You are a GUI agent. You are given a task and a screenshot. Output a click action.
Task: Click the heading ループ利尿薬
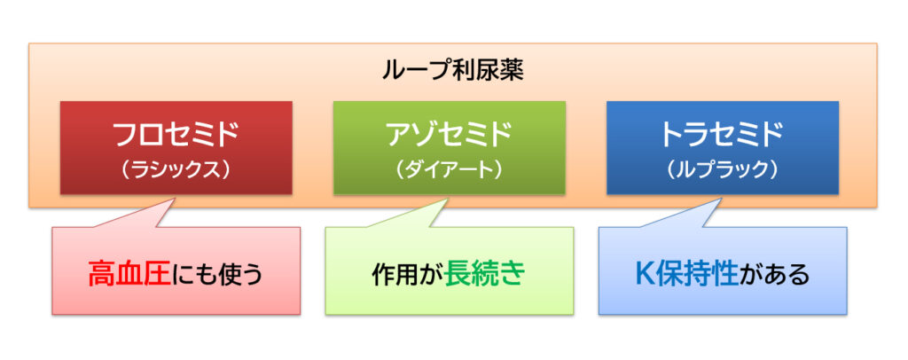click(453, 71)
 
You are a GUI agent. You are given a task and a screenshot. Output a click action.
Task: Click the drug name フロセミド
click(176, 136)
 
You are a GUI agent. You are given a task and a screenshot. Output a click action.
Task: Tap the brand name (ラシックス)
click(176, 170)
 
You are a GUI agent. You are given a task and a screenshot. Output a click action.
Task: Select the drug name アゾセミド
click(449, 136)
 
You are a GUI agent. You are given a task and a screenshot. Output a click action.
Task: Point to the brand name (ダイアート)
click(449, 170)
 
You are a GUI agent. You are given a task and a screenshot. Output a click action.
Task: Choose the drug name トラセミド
click(722, 136)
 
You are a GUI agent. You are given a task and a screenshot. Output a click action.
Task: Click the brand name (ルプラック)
click(722, 170)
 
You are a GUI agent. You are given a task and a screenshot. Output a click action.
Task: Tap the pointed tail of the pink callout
click(175, 200)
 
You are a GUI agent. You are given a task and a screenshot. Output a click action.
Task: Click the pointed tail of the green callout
click(448, 200)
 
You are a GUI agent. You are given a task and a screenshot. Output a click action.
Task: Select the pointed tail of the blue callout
click(721, 200)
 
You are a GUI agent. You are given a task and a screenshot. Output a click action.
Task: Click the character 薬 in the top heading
click(512, 71)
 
